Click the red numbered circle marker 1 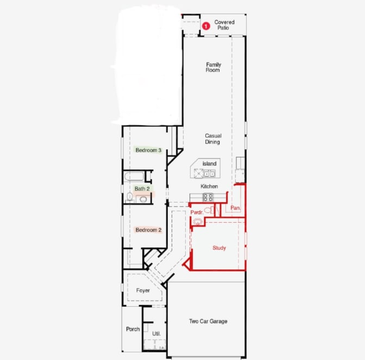(x=206, y=26)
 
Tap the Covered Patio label (x=224, y=25)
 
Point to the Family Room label (x=213, y=67)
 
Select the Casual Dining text (x=213, y=138)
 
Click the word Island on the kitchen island (x=209, y=163)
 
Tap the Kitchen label (x=209, y=186)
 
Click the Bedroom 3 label (x=148, y=150)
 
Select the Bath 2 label (x=142, y=189)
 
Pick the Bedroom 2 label (x=148, y=230)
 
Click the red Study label (x=219, y=248)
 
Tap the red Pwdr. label (x=197, y=212)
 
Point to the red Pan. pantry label (x=235, y=208)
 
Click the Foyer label (x=143, y=290)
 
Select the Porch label (x=133, y=329)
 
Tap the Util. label (x=156, y=334)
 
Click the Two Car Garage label (x=208, y=321)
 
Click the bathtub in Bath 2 (x=134, y=176)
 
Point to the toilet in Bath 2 (x=130, y=197)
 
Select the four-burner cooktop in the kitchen (x=208, y=197)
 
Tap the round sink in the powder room (x=197, y=222)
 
